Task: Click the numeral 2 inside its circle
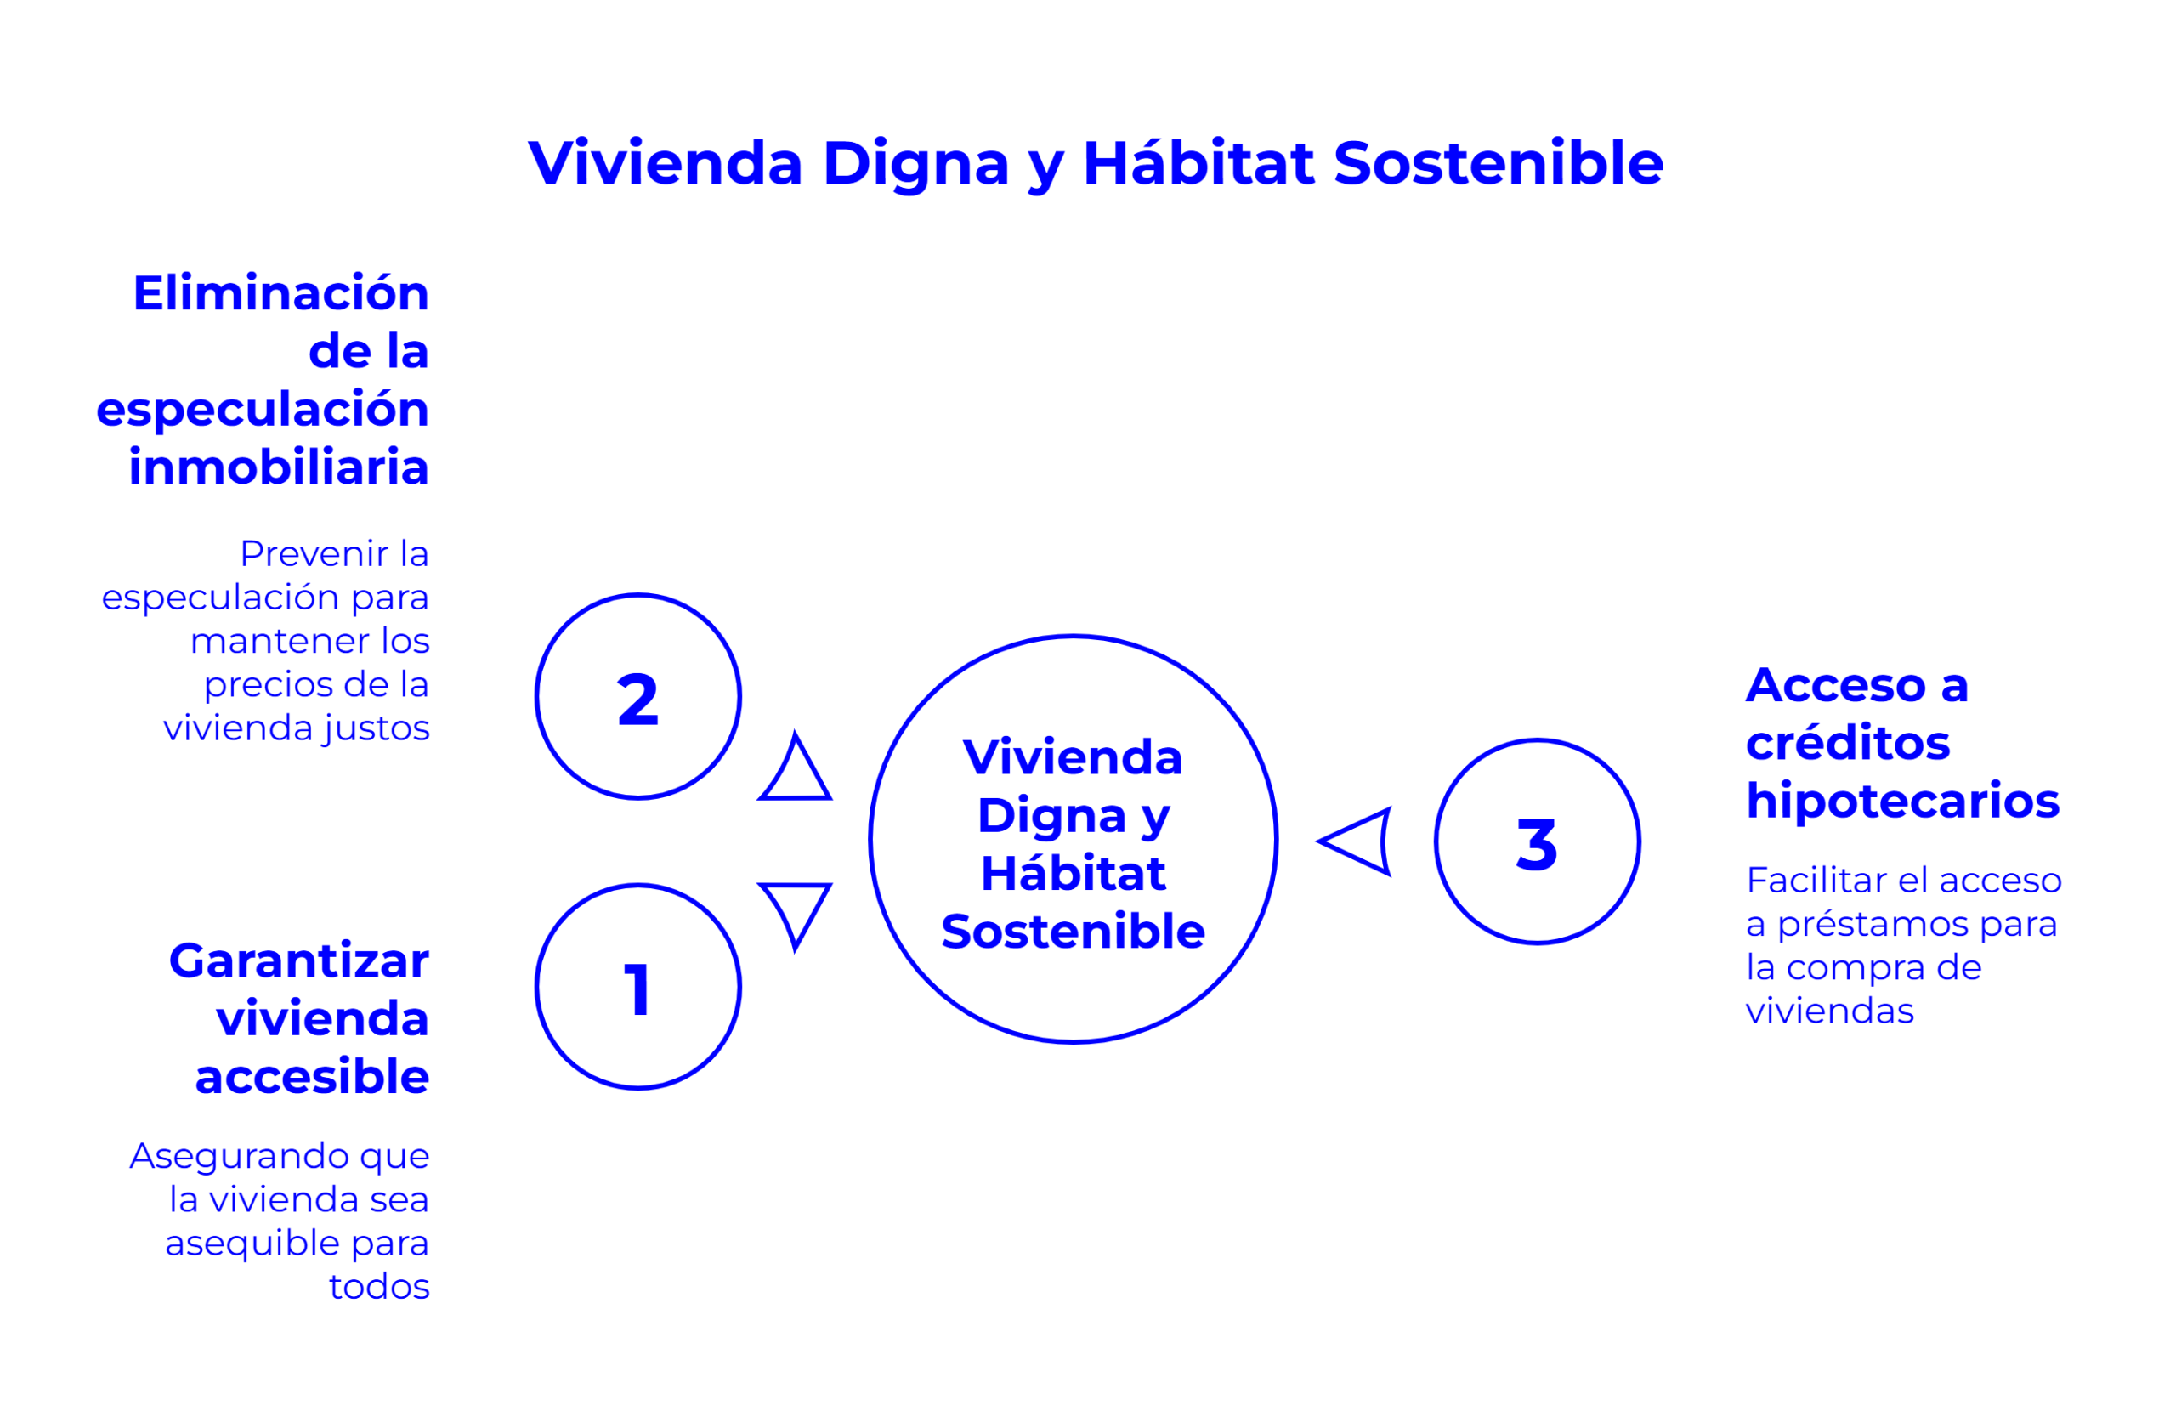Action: (x=638, y=700)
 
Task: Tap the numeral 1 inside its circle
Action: (x=637, y=989)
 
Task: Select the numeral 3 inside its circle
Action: (x=1537, y=843)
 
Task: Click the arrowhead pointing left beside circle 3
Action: (x=1355, y=841)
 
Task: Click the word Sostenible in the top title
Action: (x=1499, y=164)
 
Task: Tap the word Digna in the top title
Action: (x=915, y=166)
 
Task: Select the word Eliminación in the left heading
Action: (x=280, y=292)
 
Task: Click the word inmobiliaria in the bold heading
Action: (x=279, y=467)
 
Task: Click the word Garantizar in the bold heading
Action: (x=299, y=962)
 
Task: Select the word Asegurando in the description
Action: (x=241, y=1158)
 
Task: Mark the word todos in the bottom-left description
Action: (x=379, y=1287)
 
